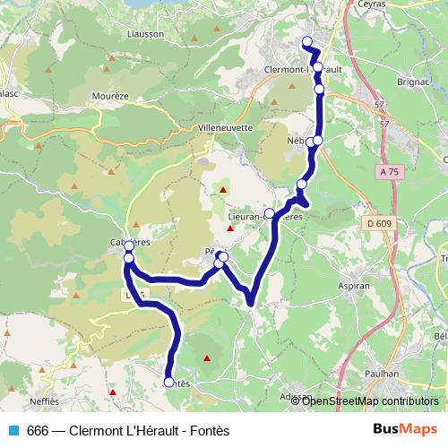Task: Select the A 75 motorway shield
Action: click(387, 171)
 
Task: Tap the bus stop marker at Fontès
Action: click(168, 383)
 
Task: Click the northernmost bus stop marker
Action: click(307, 41)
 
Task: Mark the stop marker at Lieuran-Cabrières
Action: click(269, 213)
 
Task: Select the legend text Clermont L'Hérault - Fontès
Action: click(131, 431)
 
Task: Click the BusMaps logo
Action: click(405, 429)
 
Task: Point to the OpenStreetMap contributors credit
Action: click(370, 401)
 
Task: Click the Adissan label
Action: click(296, 396)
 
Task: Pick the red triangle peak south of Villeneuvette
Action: click(224, 191)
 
